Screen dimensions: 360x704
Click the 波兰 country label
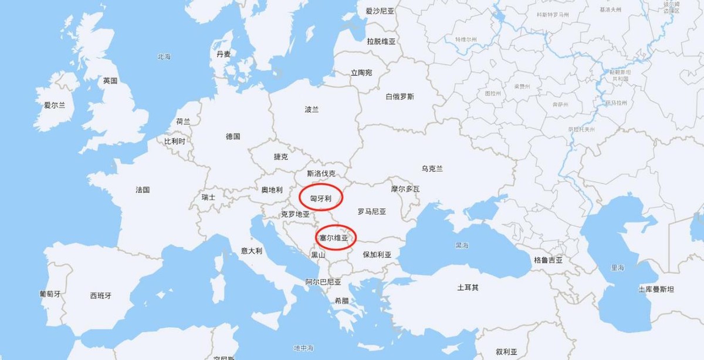[312, 109]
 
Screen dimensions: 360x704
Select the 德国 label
[233, 137]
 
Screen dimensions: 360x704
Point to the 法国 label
[143, 190]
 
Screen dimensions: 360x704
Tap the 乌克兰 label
[432, 169]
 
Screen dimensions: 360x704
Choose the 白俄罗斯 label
[400, 96]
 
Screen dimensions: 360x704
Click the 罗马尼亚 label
[372, 211]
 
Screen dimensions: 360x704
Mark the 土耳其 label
[468, 287]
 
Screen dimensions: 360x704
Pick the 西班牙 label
[100, 296]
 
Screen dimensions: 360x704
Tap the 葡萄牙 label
[50, 294]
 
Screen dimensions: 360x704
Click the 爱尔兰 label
[55, 106]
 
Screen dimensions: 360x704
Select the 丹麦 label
[224, 54]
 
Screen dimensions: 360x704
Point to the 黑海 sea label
[462, 245]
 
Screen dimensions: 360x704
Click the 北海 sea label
[164, 57]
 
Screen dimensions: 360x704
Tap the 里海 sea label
[617, 267]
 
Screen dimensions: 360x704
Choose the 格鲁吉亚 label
[548, 260]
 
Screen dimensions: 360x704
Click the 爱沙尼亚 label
[380, 11]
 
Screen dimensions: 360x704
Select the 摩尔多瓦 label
[405, 189]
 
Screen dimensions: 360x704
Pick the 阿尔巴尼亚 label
[323, 282]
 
